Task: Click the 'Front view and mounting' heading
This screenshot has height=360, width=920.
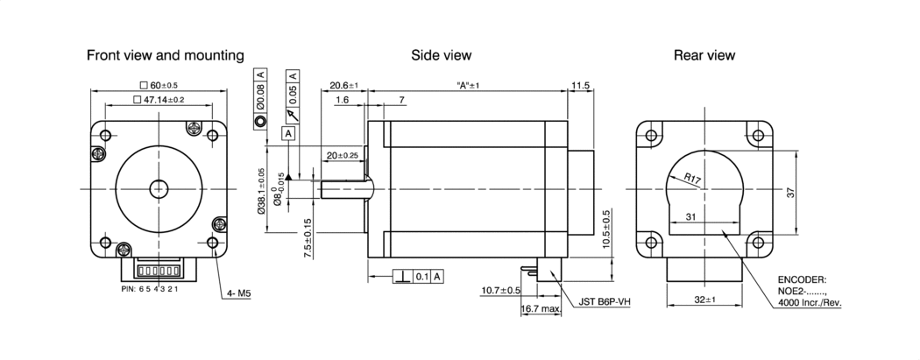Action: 165,55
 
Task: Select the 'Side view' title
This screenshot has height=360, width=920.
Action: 442,55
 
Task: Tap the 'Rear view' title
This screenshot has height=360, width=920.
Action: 704,55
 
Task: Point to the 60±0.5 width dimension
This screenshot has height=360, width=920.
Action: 159,85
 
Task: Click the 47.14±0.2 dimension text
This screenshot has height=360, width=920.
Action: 159,100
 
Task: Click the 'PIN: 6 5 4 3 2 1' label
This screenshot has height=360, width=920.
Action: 149,288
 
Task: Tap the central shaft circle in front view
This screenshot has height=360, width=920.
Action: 159,188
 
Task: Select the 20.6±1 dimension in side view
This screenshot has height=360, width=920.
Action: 344,86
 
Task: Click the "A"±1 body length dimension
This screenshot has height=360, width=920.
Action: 469,86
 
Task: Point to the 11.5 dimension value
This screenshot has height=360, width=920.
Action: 580,86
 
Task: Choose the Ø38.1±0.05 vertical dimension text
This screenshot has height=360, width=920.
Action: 260,191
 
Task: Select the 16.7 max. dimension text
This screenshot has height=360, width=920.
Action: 541,309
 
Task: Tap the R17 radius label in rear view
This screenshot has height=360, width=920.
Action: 694,181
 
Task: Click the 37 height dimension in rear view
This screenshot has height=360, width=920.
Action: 790,193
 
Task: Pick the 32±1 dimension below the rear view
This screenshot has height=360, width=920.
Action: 704,300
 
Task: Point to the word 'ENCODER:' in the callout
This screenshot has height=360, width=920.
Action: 801,281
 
